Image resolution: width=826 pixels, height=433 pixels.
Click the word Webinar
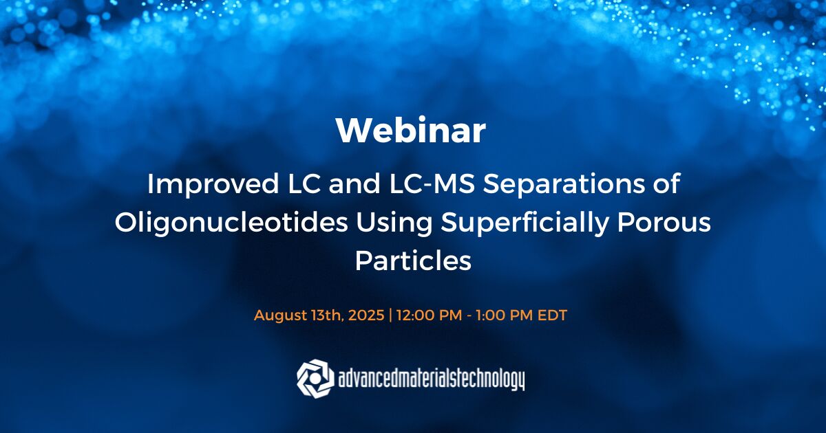tap(411, 131)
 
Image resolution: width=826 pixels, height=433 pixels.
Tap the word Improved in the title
tap(213, 184)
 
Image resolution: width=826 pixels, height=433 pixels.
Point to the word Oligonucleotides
tap(231, 223)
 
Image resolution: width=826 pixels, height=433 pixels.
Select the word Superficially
tap(525, 223)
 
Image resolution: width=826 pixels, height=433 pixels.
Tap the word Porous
tap(664, 223)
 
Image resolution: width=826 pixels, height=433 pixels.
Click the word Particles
tap(413, 260)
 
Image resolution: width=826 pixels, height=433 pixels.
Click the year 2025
tap(366, 315)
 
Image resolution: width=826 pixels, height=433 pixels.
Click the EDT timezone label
tap(552, 315)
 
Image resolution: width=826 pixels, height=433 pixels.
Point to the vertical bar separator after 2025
tap(390, 315)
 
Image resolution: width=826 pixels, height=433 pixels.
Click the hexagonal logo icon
tap(315, 379)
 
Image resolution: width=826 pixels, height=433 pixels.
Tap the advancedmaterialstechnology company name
tap(431, 379)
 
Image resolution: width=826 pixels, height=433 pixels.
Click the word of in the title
tap(668, 184)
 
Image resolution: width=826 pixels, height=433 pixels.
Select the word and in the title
tap(354, 184)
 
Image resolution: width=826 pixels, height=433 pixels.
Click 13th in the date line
tap(328, 315)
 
